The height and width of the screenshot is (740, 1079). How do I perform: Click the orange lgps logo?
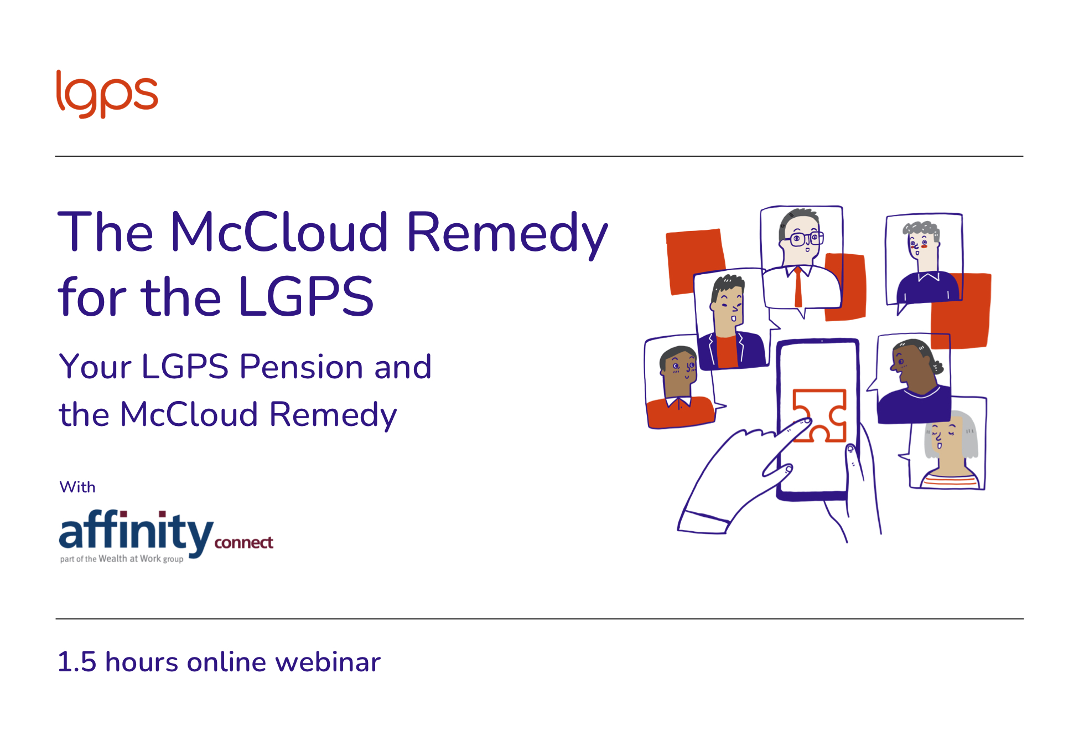click(x=107, y=94)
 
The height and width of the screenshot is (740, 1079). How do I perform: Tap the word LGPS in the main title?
click(x=306, y=297)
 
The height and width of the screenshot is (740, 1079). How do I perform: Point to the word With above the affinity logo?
click(x=77, y=487)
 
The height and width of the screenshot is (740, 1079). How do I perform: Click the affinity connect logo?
click(x=166, y=535)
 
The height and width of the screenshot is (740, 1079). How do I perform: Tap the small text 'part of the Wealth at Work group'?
click(x=122, y=559)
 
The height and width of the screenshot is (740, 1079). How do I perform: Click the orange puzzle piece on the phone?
click(x=820, y=415)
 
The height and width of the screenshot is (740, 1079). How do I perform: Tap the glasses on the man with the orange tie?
click(x=807, y=239)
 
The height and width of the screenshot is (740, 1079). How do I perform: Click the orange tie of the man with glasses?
click(x=798, y=286)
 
